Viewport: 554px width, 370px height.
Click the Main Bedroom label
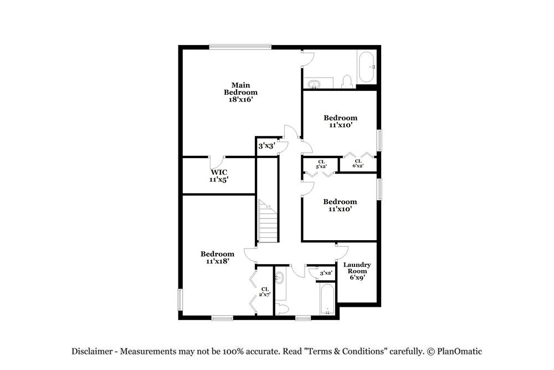[240, 89]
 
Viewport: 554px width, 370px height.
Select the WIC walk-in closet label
[218, 171]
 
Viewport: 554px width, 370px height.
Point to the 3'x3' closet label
[266, 146]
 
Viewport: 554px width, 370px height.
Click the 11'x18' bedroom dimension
[217, 261]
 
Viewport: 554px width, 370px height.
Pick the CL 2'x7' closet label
[265, 292]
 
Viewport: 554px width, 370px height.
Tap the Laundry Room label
[357, 268]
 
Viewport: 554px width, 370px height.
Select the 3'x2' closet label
[326, 273]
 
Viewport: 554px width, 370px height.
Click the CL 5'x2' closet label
[320, 164]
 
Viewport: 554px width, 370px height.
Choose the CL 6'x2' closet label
[358, 164]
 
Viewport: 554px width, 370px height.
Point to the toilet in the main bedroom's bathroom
[347, 82]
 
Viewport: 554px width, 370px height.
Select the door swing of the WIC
[217, 162]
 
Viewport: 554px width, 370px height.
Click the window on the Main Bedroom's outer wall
[240, 47]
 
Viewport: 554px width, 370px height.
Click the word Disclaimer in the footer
[91, 351]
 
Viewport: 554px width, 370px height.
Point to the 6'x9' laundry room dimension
[357, 277]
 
